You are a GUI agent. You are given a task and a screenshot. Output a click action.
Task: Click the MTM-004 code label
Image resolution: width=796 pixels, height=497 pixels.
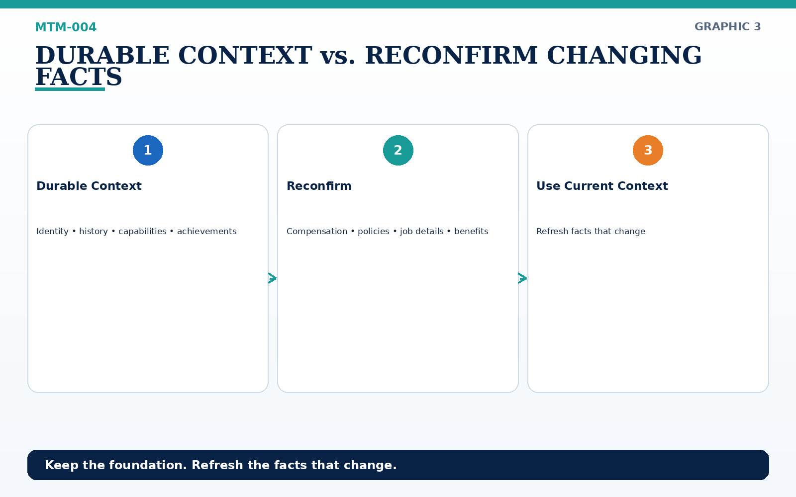point(66,27)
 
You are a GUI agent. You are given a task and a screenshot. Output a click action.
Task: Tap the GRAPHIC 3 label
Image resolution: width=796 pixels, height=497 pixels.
point(727,27)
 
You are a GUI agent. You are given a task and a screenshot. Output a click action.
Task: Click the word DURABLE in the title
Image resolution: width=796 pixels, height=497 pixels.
point(102,55)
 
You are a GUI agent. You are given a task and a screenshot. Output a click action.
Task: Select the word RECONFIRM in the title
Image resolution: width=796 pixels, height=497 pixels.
point(451,55)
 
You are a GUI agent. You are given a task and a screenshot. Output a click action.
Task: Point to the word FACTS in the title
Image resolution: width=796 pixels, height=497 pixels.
point(79,77)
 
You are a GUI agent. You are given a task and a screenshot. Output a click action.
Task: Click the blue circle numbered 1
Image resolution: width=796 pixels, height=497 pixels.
point(148,150)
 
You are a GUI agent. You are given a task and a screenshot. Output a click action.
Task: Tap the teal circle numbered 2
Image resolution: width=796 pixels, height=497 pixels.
point(398,150)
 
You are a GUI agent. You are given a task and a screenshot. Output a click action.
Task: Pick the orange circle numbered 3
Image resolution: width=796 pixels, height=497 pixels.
point(648,150)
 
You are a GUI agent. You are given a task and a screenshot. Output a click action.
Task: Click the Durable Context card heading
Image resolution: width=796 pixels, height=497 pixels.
point(89,186)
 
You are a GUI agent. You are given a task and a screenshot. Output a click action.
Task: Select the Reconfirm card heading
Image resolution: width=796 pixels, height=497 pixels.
point(319,186)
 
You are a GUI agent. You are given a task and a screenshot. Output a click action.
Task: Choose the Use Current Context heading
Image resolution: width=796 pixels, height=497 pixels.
point(602,186)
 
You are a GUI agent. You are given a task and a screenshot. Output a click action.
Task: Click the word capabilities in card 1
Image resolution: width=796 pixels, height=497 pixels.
point(142,232)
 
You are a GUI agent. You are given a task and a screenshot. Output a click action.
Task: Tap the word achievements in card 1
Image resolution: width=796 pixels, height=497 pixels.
point(206,232)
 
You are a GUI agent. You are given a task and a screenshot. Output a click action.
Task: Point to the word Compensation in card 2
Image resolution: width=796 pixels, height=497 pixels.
point(317,232)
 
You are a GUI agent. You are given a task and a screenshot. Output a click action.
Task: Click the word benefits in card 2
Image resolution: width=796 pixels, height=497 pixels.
point(471,232)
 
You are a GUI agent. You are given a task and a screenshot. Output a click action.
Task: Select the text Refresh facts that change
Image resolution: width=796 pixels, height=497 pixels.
point(591,232)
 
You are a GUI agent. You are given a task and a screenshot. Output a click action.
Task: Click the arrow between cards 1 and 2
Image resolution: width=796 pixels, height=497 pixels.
point(272,278)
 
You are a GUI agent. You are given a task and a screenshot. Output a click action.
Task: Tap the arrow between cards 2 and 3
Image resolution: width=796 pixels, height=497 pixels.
point(522,278)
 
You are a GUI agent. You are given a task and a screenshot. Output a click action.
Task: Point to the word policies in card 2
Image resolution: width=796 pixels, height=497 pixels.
point(374,232)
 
